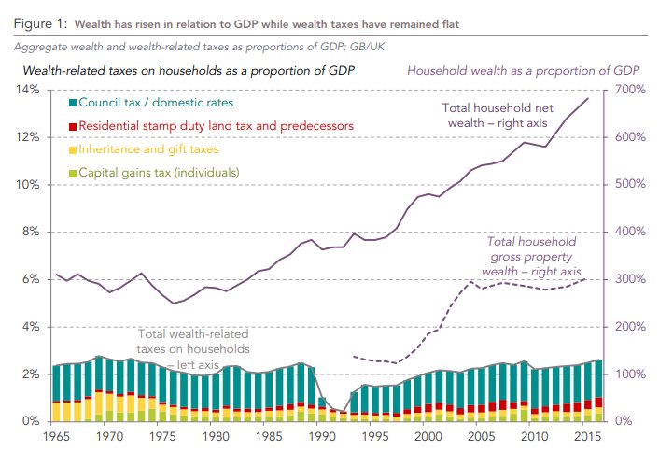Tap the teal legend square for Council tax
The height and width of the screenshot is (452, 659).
[x=73, y=102]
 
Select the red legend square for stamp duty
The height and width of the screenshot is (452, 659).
[x=73, y=125]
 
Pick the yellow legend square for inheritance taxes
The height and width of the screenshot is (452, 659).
[x=73, y=148]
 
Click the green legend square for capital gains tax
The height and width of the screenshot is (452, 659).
[x=73, y=173]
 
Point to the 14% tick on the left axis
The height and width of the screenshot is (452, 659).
[x=25, y=90]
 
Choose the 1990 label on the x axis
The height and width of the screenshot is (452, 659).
[x=321, y=437]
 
